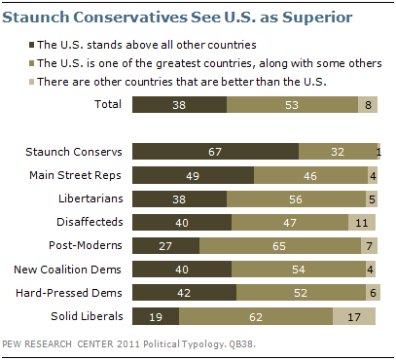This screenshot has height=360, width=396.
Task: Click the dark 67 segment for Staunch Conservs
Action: pyautogui.click(x=215, y=152)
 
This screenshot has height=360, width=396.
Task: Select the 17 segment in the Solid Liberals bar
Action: pyautogui.click(x=354, y=316)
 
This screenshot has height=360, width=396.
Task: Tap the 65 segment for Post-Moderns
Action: pyautogui.click(x=280, y=245)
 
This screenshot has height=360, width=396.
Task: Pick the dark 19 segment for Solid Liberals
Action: pyautogui.click(x=156, y=316)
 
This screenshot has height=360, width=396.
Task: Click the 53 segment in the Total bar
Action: pyautogui.click(x=292, y=104)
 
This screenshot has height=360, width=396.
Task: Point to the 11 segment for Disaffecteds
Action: pyautogui.click(x=362, y=222)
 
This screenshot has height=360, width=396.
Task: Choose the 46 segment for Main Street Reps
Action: pyautogui.click(x=310, y=175)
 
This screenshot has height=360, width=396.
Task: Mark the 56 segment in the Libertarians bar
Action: pyautogui.click(x=296, y=198)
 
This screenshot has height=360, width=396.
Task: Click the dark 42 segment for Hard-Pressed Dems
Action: pyautogui.click(x=184, y=293)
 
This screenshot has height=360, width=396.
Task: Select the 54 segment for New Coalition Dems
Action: pyautogui.click(x=299, y=269)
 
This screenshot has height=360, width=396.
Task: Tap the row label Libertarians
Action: pyautogui.click(x=90, y=198)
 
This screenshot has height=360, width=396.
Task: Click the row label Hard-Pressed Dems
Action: pyautogui.click(x=69, y=293)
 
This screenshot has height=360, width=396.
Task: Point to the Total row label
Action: pyautogui.click(x=108, y=104)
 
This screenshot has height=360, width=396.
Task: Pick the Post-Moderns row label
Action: pyautogui.click(x=86, y=245)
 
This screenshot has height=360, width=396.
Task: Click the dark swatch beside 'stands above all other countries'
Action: pyautogui.click(x=31, y=45)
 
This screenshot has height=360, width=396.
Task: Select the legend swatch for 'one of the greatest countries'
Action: pyautogui.click(x=31, y=63)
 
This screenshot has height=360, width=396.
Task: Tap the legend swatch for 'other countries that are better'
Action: pyautogui.click(x=31, y=82)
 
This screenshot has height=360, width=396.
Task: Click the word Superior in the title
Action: pyautogui.click(x=317, y=18)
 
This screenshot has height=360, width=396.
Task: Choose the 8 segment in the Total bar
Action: pyautogui.click(x=368, y=104)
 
